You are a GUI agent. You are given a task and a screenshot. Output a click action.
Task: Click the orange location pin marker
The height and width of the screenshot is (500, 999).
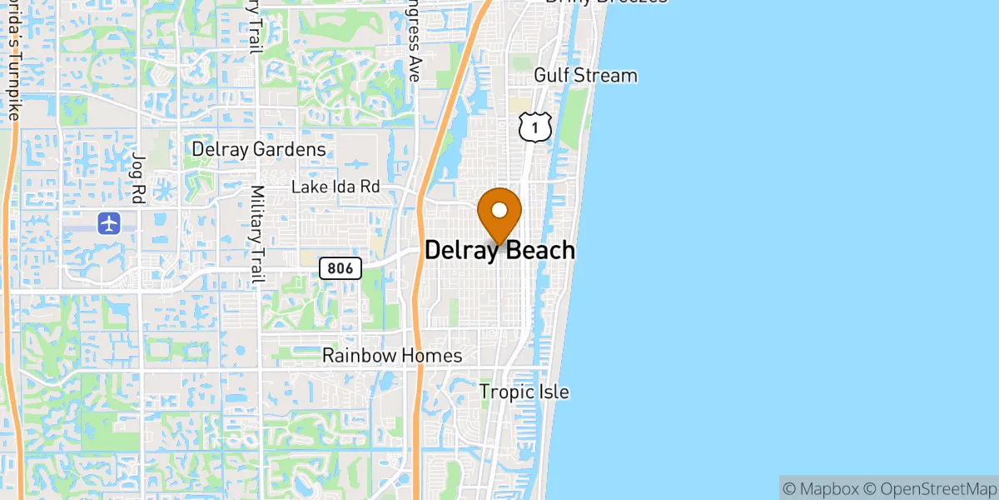[499, 213]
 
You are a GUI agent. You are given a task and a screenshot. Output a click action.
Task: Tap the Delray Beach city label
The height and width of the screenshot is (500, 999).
[499, 250]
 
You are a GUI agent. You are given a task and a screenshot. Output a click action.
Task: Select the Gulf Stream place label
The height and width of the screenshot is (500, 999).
[585, 76]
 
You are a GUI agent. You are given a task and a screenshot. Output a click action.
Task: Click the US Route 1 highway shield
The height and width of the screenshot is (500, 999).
[534, 127]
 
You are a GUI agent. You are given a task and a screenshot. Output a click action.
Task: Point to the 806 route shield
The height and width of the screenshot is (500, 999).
[341, 268]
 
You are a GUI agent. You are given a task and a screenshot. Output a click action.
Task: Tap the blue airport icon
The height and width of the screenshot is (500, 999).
[109, 223]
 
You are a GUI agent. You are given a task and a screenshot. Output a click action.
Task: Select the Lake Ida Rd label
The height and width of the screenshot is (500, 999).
[335, 187]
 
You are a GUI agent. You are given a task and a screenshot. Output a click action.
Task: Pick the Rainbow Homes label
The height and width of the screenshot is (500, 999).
[392, 356]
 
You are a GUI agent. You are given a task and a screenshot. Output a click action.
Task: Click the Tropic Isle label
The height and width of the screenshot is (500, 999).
[524, 392]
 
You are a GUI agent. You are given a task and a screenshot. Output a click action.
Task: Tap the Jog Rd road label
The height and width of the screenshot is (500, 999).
[138, 178]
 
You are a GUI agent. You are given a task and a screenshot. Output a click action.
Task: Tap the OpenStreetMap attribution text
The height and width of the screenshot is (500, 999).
[928, 487]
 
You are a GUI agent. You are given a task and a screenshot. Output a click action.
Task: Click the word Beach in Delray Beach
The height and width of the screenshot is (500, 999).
[536, 250]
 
